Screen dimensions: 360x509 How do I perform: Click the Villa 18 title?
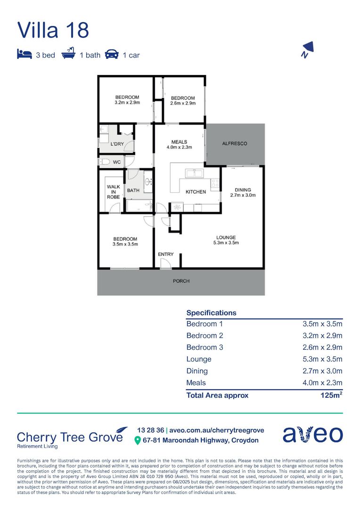click(x=53, y=30)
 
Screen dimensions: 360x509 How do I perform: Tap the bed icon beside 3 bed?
click(x=25, y=54)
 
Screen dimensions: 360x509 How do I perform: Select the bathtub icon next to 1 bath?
click(x=68, y=53)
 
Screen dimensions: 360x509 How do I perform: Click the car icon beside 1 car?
click(x=112, y=54)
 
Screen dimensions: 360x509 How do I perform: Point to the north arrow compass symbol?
click(x=307, y=49)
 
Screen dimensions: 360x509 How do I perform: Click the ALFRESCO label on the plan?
click(x=234, y=143)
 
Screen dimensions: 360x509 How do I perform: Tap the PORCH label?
click(x=181, y=281)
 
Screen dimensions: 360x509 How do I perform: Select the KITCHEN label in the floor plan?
click(x=196, y=192)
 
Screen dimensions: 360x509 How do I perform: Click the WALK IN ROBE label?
click(x=113, y=192)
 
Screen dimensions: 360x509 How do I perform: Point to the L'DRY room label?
click(x=117, y=144)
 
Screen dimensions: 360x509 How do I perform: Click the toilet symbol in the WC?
click(x=104, y=162)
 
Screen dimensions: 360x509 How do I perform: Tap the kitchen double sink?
click(x=194, y=173)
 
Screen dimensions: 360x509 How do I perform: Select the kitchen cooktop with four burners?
click(x=215, y=183)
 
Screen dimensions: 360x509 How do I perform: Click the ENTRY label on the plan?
click(x=165, y=254)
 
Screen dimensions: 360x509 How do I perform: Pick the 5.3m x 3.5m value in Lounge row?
click(x=322, y=359)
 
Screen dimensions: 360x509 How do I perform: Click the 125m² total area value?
click(x=331, y=395)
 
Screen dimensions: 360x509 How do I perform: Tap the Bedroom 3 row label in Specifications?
click(x=205, y=347)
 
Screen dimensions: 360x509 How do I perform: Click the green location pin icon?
click(x=137, y=441)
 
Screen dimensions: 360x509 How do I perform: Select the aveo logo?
click(x=312, y=434)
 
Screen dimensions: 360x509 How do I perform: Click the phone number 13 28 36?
click(x=151, y=430)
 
